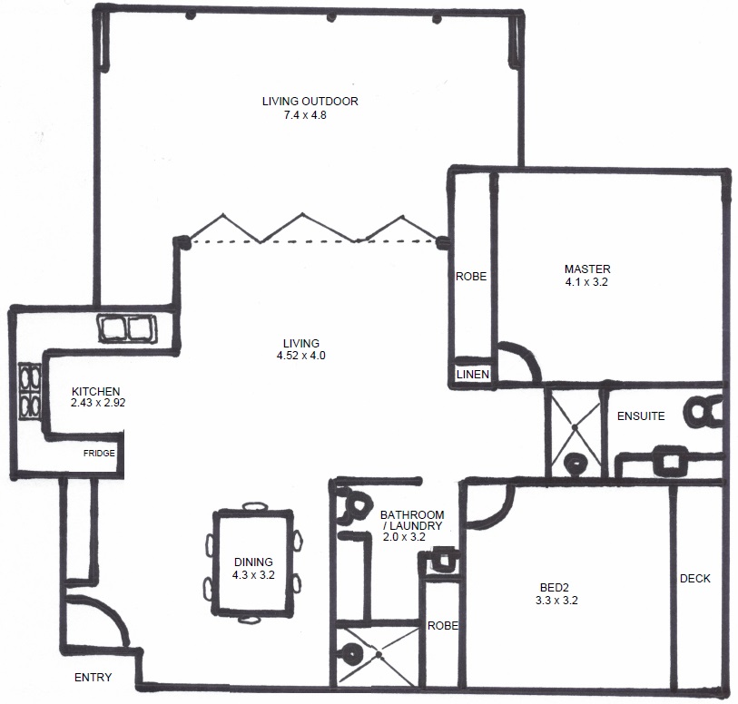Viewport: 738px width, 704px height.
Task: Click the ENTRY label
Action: click(93, 677)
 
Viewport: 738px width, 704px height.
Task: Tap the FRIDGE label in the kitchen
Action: click(99, 454)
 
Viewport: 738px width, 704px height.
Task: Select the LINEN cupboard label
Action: click(473, 375)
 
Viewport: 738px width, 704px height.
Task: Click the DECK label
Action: click(695, 579)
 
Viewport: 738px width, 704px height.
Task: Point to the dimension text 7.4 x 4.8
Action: click(305, 115)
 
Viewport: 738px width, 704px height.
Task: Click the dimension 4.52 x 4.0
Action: click(301, 356)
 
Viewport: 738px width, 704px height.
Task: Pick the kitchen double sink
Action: click(127, 328)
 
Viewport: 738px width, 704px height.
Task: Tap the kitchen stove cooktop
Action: click(30, 391)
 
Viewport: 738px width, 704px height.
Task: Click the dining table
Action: click(253, 562)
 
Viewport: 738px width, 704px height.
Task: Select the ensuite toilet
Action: click(704, 412)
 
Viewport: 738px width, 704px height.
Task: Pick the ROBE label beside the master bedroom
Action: click(471, 277)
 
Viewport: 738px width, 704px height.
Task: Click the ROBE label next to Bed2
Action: click(443, 625)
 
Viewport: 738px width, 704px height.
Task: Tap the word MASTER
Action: click(587, 269)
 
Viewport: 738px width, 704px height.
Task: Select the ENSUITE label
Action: click(641, 416)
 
